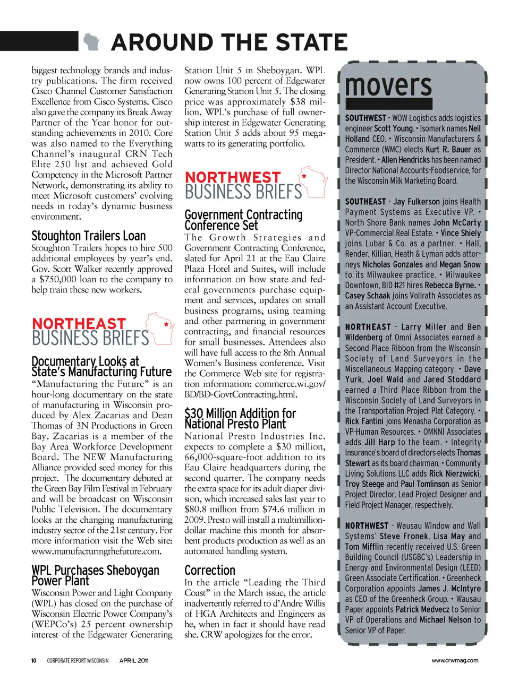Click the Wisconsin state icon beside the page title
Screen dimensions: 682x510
coord(91,41)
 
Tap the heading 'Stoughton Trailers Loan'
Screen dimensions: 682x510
coord(88,236)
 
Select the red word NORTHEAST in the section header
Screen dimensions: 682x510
coord(79,324)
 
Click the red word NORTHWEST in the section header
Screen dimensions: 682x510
coord(232,177)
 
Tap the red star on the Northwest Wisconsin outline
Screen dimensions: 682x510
coord(304,176)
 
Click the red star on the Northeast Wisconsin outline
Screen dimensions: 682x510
coord(166,324)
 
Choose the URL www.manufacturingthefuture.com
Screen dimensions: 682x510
coord(96,551)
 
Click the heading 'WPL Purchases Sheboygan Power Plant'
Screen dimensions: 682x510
coord(95,575)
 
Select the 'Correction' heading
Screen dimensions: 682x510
coord(209,571)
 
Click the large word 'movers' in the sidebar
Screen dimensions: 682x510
coord(388,85)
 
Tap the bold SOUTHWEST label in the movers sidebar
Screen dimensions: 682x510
coord(365,118)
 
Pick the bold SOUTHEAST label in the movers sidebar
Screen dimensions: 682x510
coord(365,202)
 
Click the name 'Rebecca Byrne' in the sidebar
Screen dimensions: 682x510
coord(450,285)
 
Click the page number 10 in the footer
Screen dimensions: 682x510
coord(33,661)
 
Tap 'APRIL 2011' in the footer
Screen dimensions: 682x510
coord(134,661)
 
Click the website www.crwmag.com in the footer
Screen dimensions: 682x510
coord(455,661)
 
